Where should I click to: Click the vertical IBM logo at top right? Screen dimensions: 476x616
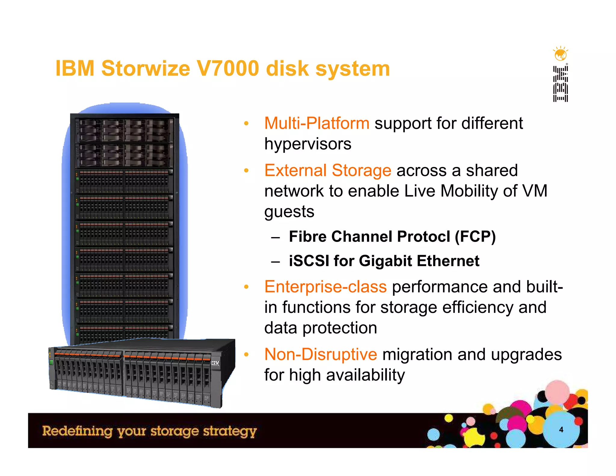560,84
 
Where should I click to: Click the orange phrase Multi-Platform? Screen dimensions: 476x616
317,123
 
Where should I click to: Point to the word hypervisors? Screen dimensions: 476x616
308,144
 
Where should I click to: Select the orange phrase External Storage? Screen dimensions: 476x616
328,171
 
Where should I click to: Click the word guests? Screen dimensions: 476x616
289,212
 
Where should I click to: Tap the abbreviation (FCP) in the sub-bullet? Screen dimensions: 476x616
475,236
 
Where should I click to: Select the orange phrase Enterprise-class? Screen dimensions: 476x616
325,287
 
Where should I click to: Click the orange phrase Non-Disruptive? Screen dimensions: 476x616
321,354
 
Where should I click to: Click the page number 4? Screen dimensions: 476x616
561,430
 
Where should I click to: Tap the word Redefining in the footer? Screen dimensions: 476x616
77,431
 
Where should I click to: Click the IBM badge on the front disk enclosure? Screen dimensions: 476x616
215,363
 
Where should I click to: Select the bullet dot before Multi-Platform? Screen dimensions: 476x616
246,123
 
